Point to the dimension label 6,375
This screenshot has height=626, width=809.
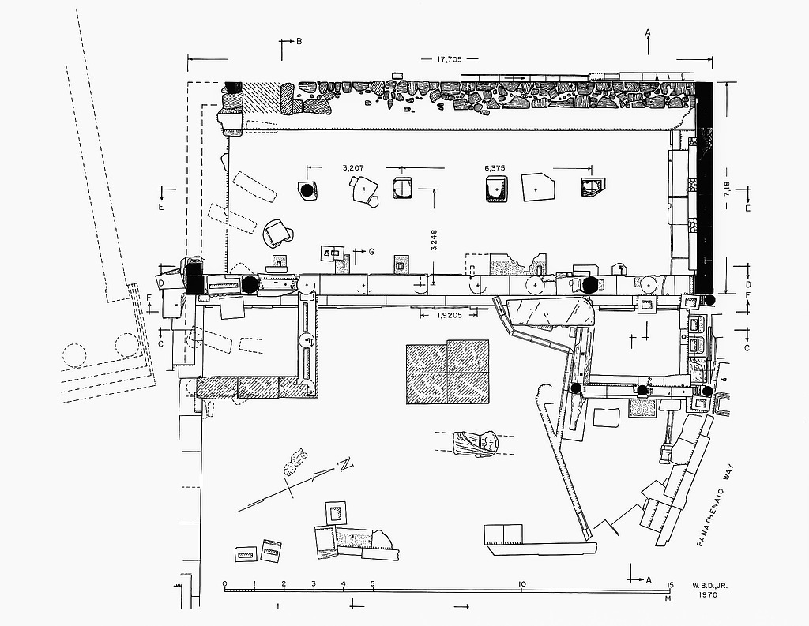click(x=495, y=167)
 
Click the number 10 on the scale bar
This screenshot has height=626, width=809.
click(x=521, y=585)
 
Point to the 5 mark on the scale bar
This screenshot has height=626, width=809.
click(x=372, y=585)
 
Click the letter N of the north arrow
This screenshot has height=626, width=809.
click(x=344, y=465)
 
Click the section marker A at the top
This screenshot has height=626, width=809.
click(x=648, y=32)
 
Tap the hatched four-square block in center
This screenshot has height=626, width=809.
click(x=448, y=372)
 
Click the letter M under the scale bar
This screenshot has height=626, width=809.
click(x=668, y=599)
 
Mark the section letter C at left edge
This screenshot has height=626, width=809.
click(x=160, y=344)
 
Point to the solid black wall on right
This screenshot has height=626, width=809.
click(x=705, y=186)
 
